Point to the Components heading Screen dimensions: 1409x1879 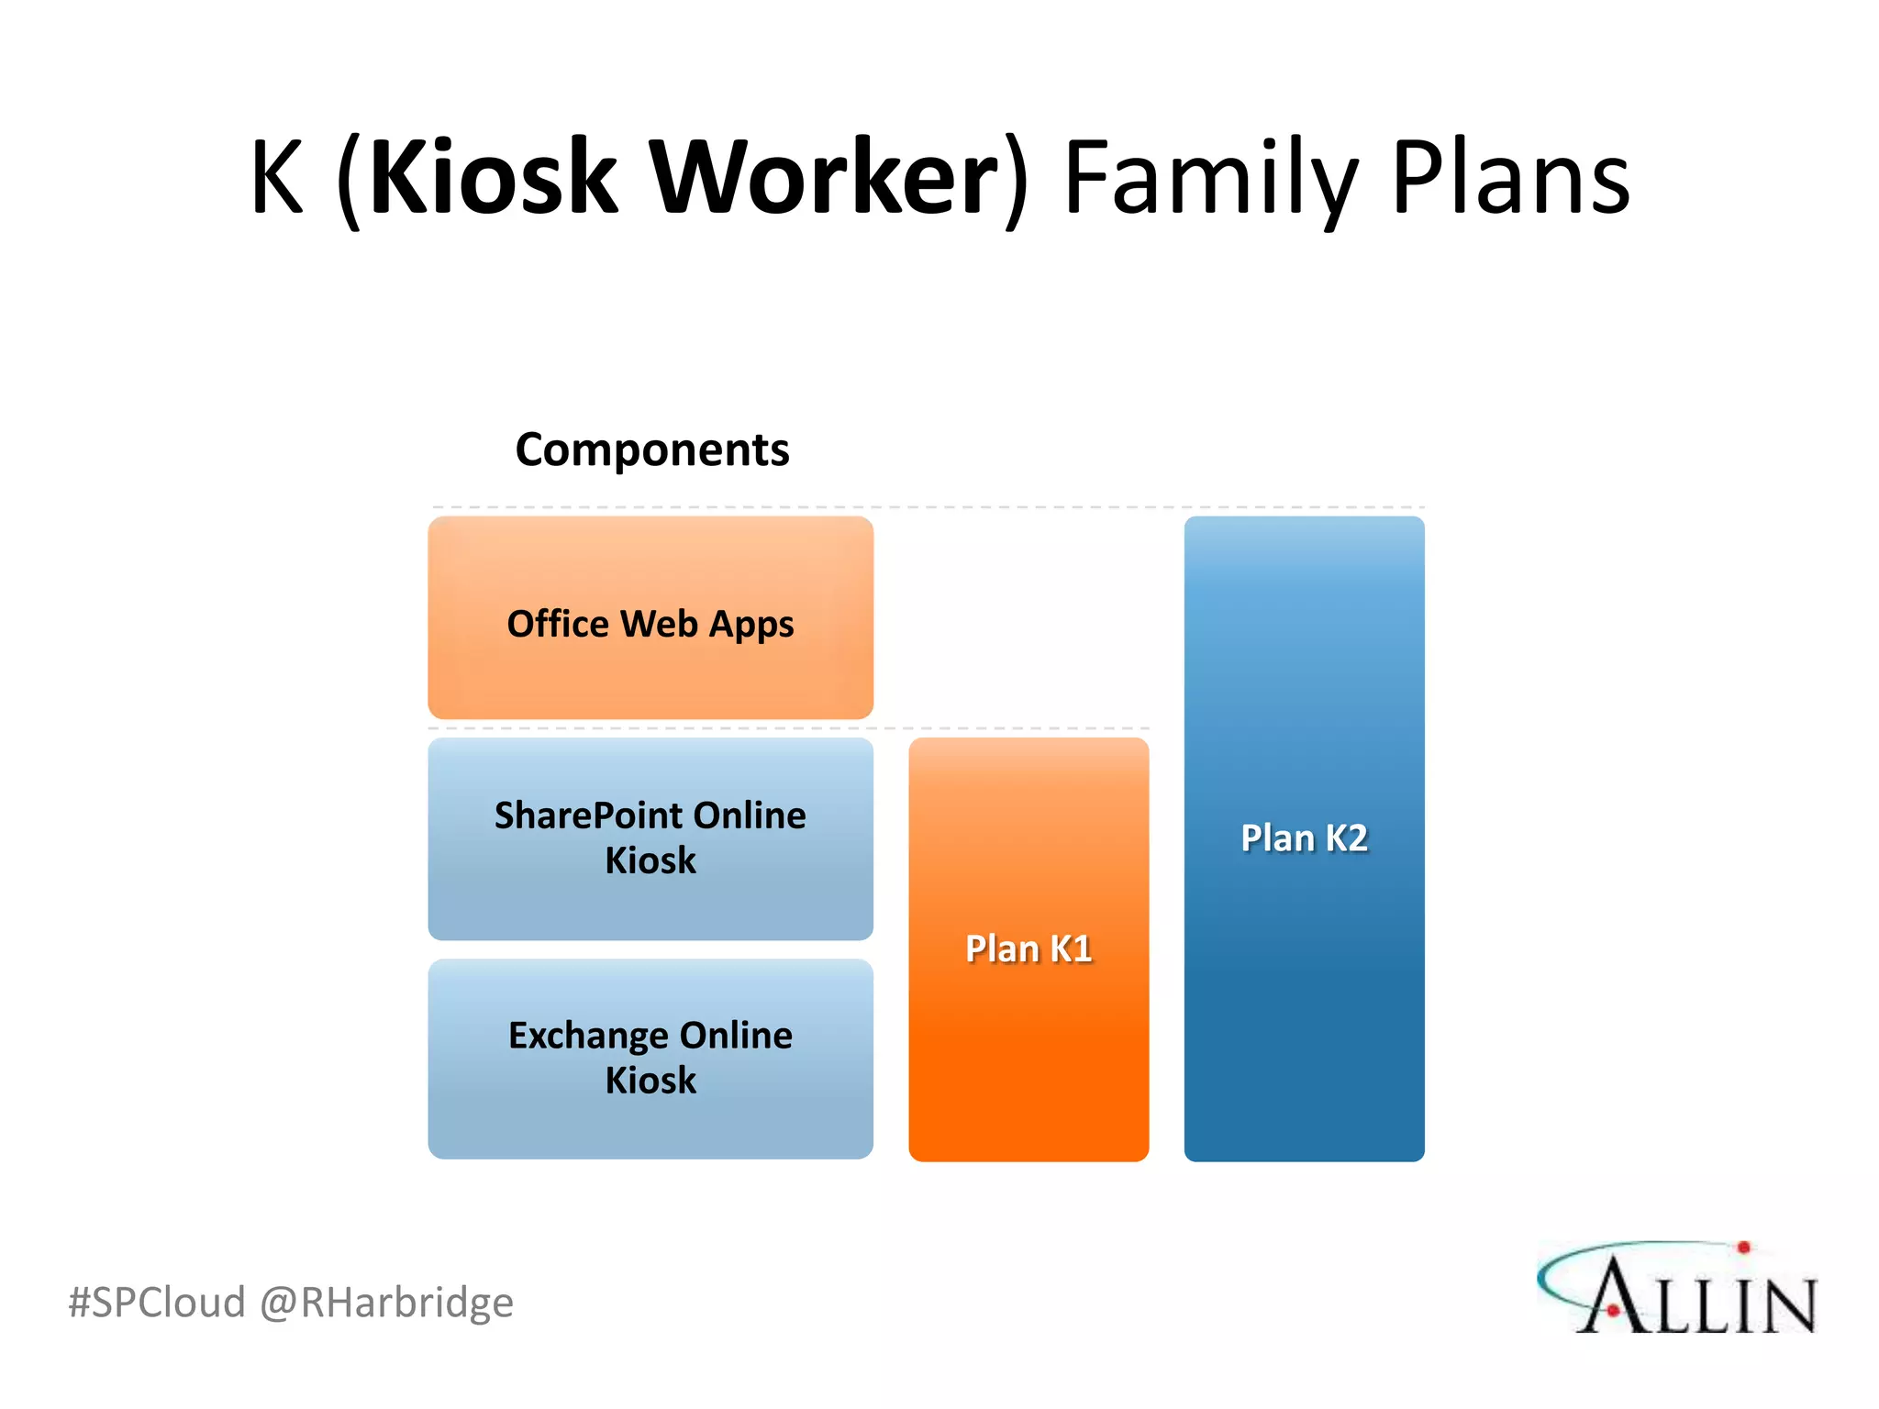[651, 449]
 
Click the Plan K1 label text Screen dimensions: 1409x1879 [1028, 949]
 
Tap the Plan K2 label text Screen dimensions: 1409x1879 [1304, 838]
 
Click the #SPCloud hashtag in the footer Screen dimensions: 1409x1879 [157, 1303]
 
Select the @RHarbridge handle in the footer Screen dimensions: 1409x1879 [386, 1303]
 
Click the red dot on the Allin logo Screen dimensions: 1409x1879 [1743, 1247]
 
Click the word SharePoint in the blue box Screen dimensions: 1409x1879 [588, 815]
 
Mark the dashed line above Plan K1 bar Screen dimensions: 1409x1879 [1028, 728]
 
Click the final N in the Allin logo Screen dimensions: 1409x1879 [1783, 1305]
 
